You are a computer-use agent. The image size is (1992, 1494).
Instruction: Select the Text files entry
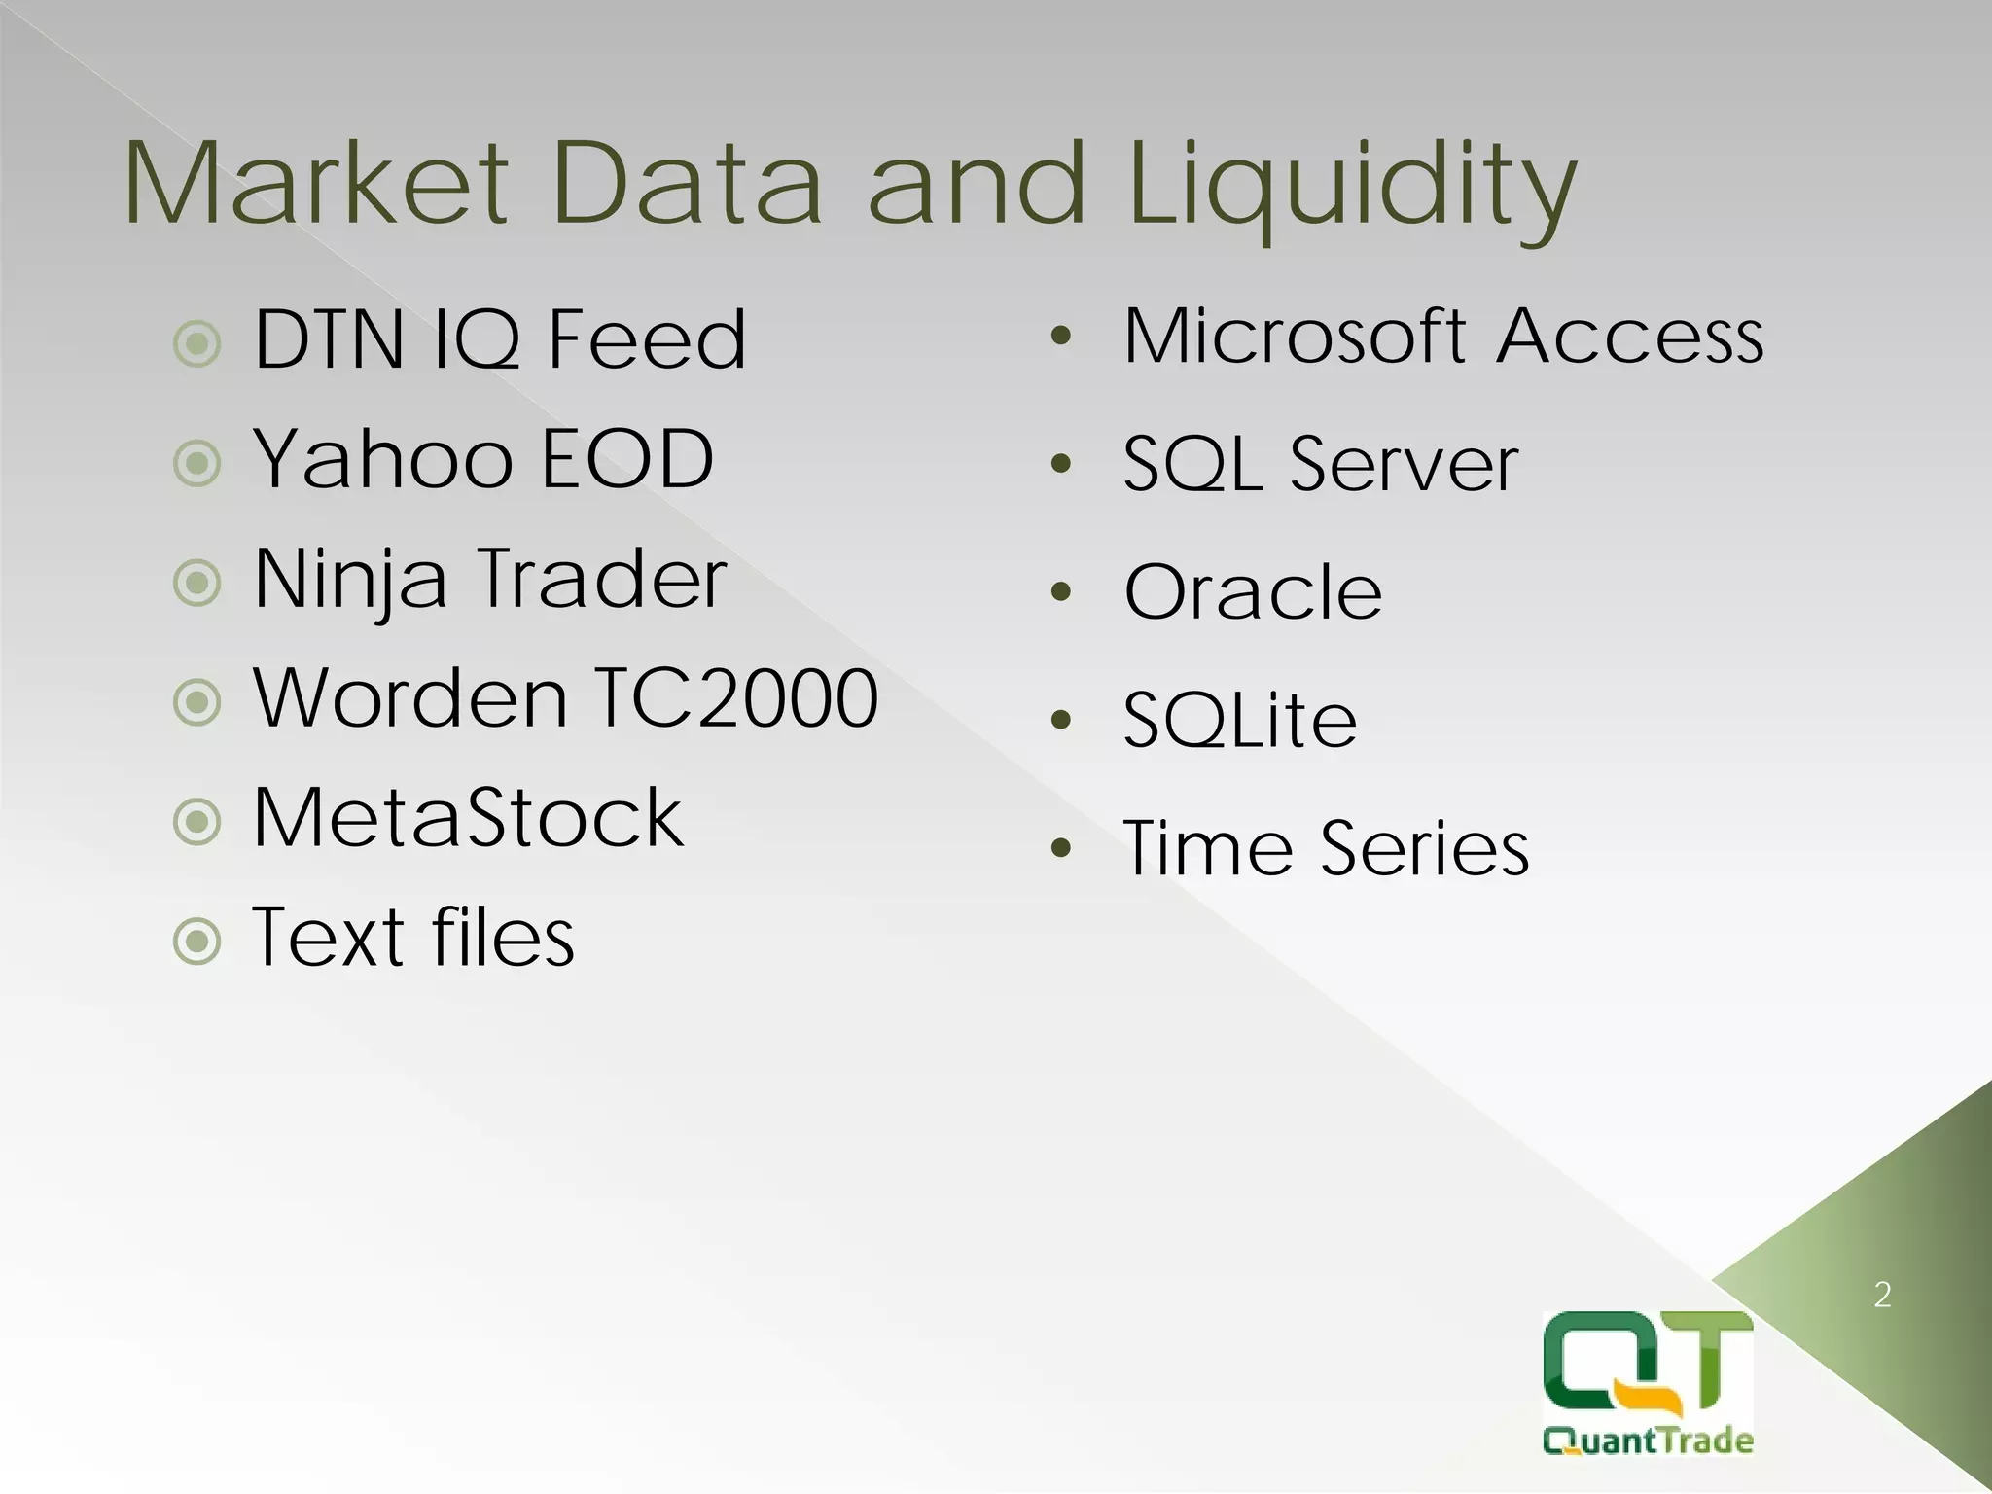[413, 937]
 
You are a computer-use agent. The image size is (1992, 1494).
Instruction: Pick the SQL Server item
[1320, 463]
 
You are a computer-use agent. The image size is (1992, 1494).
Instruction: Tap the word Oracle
[1253, 591]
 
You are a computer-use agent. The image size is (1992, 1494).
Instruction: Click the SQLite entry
[1239, 720]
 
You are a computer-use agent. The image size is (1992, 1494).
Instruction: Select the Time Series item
[1326, 848]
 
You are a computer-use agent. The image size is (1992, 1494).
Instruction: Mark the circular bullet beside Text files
[197, 941]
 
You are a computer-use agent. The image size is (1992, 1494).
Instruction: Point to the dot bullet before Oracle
[1061, 591]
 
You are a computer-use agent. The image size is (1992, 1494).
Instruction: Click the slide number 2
[1882, 1295]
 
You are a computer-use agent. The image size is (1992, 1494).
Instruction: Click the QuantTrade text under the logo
[1648, 1441]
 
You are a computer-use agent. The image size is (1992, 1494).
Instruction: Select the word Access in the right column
[1630, 336]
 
